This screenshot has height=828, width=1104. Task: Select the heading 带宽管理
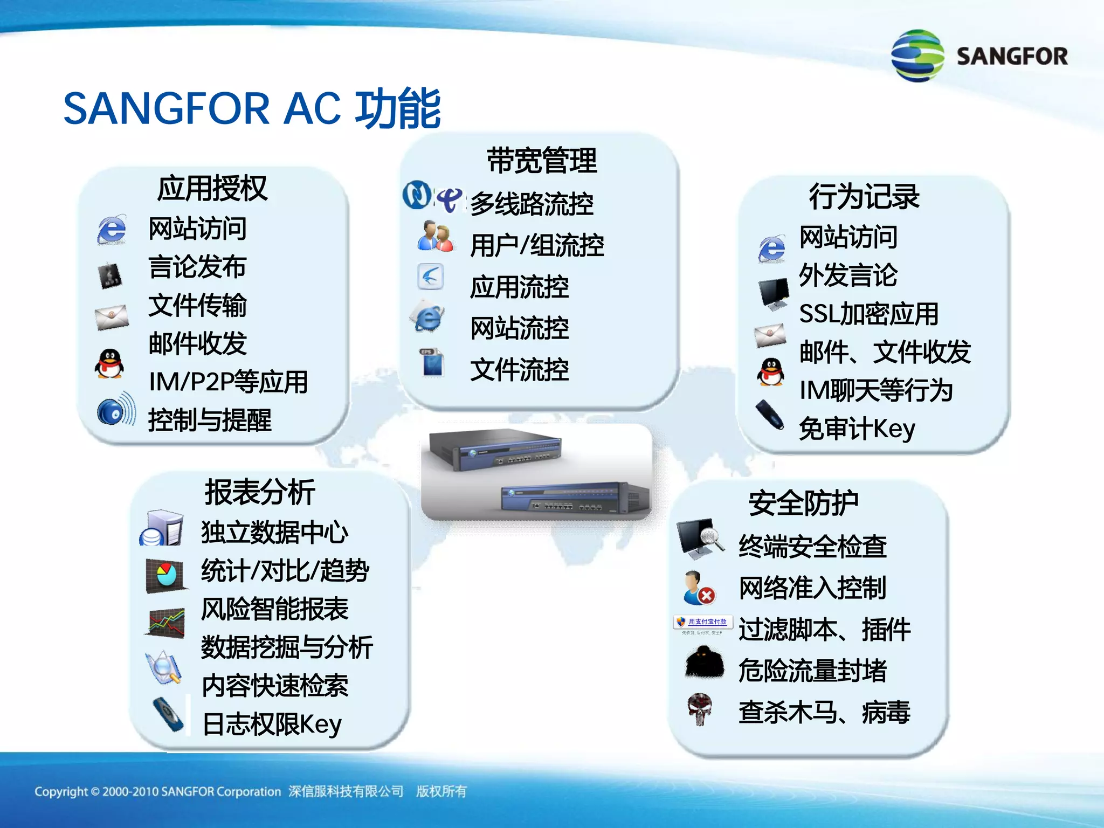[x=542, y=161]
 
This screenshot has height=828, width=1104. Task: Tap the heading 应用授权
[x=212, y=188]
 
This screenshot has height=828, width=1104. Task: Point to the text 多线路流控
[x=532, y=204]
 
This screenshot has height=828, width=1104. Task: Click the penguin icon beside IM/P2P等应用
[x=110, y=364]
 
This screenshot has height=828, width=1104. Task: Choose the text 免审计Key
[x=857, y=429]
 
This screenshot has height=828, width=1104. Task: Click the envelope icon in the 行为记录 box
[x=770, y=335]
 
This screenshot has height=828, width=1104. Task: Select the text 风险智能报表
[x=275, y=609]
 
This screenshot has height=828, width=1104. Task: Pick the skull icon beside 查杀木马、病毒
[x=700, y=708]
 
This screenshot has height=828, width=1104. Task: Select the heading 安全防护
[x=803, y=503]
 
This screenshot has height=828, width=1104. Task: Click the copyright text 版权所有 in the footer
[x=441, y=791]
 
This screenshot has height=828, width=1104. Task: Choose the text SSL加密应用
[x=868, y=314]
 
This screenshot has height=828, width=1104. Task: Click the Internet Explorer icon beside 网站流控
[x=428, y=318]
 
